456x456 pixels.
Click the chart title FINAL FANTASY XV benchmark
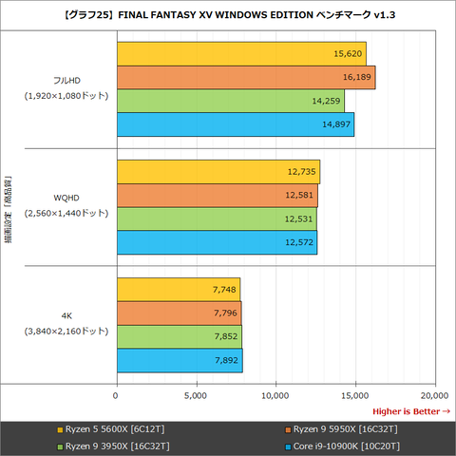[x=228, y=13]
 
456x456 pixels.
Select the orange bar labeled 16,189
[x=245, y=78]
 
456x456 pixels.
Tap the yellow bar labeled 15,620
[x=240, y=54]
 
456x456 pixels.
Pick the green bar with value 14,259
[x=230, y=102]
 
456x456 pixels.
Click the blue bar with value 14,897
[x=235, y=125]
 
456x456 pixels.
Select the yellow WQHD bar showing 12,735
[x=218, y=172]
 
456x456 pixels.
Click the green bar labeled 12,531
[x=217, y=219]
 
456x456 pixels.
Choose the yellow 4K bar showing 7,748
[x=178, y=290]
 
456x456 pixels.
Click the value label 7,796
[x=223, y=313]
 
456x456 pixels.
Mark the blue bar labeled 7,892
[x=179, y=361]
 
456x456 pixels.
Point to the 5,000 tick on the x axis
[x=196, y=394]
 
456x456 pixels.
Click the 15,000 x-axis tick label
[x=354, y=394]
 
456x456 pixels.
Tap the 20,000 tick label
[x=433, y=394]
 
